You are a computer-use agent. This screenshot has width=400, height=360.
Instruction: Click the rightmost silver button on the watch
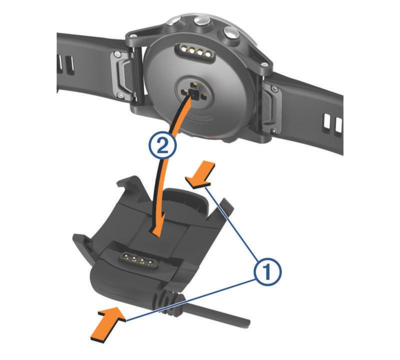coord(230,33)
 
